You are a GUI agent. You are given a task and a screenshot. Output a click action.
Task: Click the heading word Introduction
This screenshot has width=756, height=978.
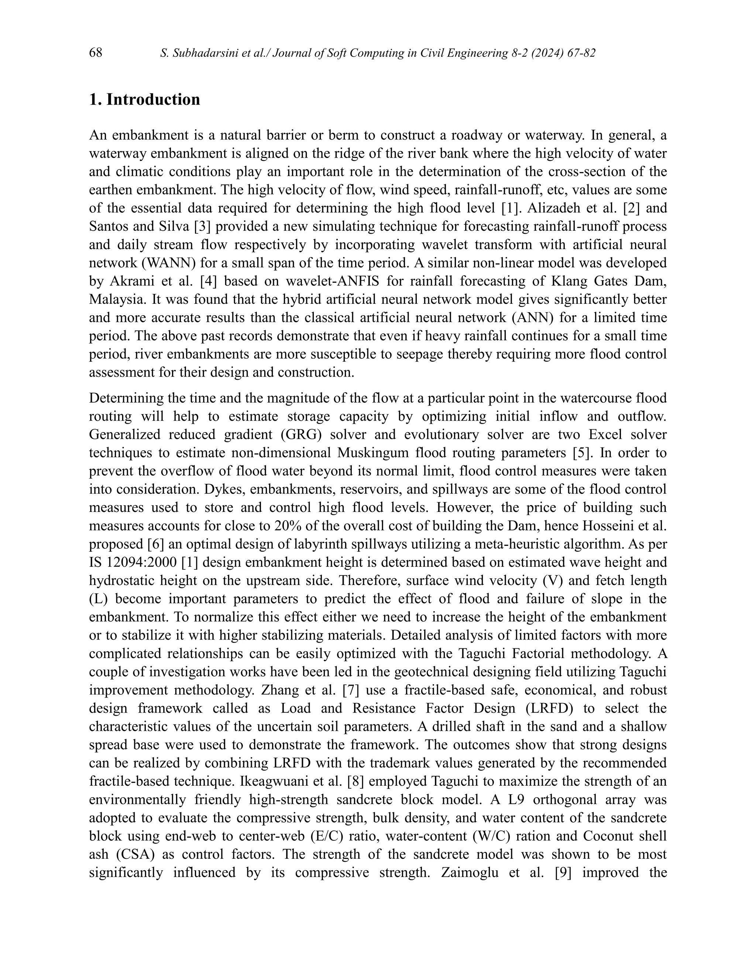pos(153,99)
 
